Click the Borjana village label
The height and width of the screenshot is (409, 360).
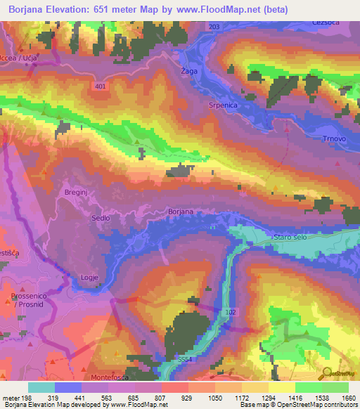(x=181, y=211)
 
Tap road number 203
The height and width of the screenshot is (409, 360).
(x=214, y=27)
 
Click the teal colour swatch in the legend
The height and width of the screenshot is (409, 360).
(x=41, y=387)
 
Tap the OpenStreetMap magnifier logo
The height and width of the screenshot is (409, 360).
(x=328, y=373)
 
